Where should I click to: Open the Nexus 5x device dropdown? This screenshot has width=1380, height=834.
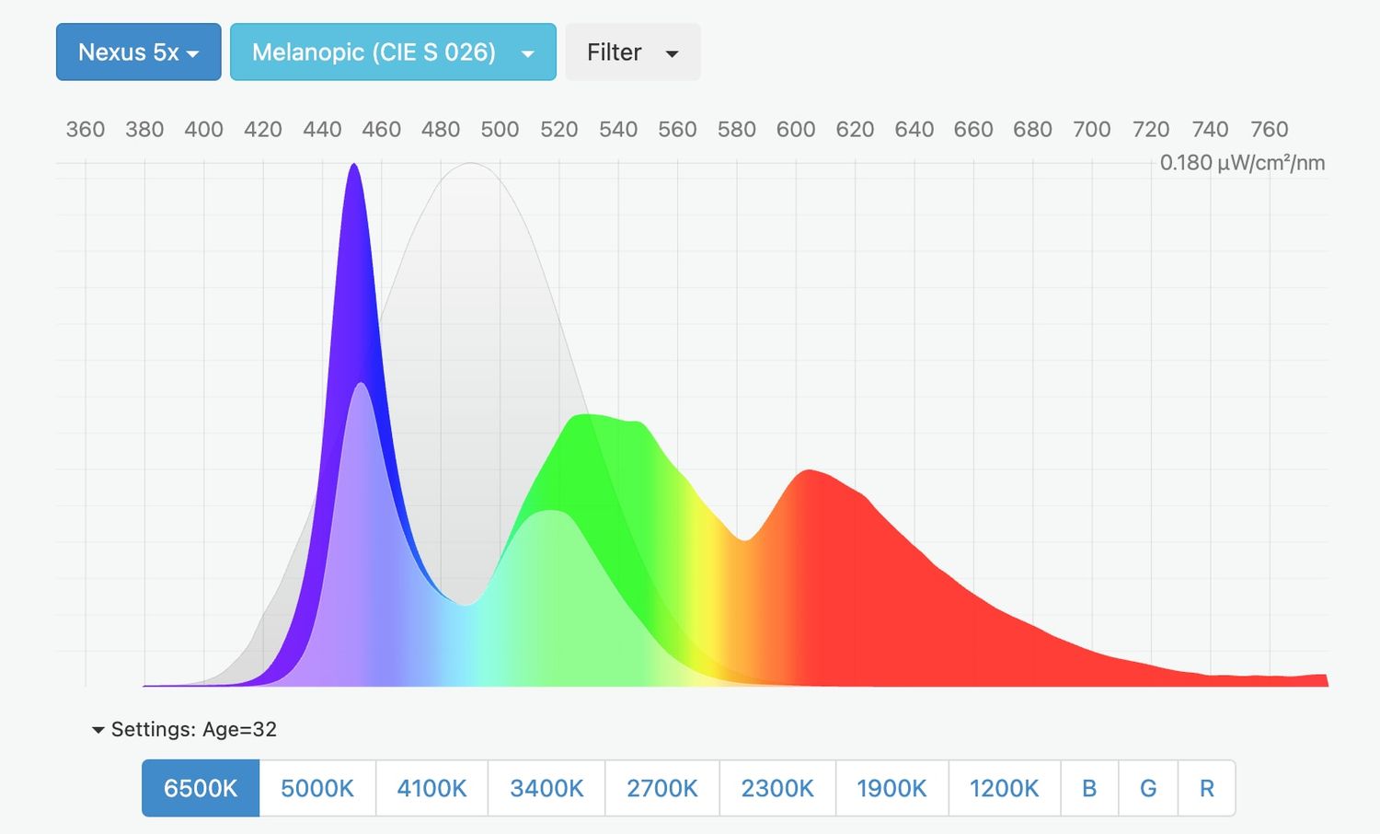(x=138, y=52)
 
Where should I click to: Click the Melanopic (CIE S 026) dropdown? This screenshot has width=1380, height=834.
(x=393, y=52)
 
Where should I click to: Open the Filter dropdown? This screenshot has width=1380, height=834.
(x=632, y=52)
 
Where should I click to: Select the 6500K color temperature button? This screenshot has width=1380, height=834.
(x=201, y=789)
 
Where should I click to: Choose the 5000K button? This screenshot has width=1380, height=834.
(x=317, y=789)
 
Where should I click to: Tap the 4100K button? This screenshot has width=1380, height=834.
(x=431, y=789)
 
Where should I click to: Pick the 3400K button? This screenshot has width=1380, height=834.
(x=546, y=789)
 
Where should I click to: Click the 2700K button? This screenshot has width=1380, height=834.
(x=662, y=789)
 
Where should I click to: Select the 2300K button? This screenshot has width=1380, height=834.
(x=777, y=789)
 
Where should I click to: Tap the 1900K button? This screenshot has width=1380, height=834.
(x=891, y=789)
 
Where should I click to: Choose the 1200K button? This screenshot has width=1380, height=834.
(x=1004, y=789)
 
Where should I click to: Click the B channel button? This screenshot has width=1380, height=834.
(x=1089, y=789)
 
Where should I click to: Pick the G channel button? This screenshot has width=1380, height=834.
(x=1148, y=789)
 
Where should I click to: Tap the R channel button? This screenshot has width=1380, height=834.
(x=1207, y=789)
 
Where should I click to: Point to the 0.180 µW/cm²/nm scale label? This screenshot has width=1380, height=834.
(x=1242, y=164)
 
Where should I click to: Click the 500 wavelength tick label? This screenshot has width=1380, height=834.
(x=500, y=130)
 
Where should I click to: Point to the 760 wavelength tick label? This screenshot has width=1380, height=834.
(x=1269, y=130)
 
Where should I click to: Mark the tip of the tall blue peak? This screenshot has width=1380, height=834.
(x=354, y=165)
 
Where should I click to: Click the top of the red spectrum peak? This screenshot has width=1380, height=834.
(x=808, y=471)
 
